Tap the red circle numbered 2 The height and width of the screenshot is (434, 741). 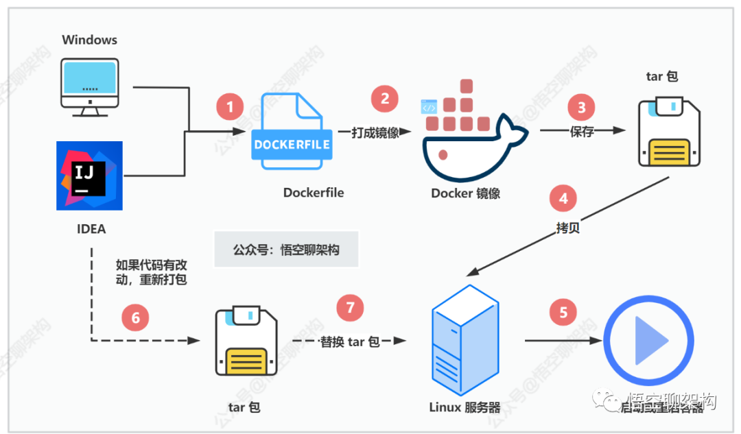385,99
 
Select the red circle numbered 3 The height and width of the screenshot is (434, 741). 582,108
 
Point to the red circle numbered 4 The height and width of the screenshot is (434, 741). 563,199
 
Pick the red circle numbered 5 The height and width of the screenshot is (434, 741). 563,313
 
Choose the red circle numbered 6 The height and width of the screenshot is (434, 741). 135,317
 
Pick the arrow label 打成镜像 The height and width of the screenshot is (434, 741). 375,132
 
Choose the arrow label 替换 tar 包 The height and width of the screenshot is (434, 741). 350,341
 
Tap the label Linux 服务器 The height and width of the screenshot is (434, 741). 464,407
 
